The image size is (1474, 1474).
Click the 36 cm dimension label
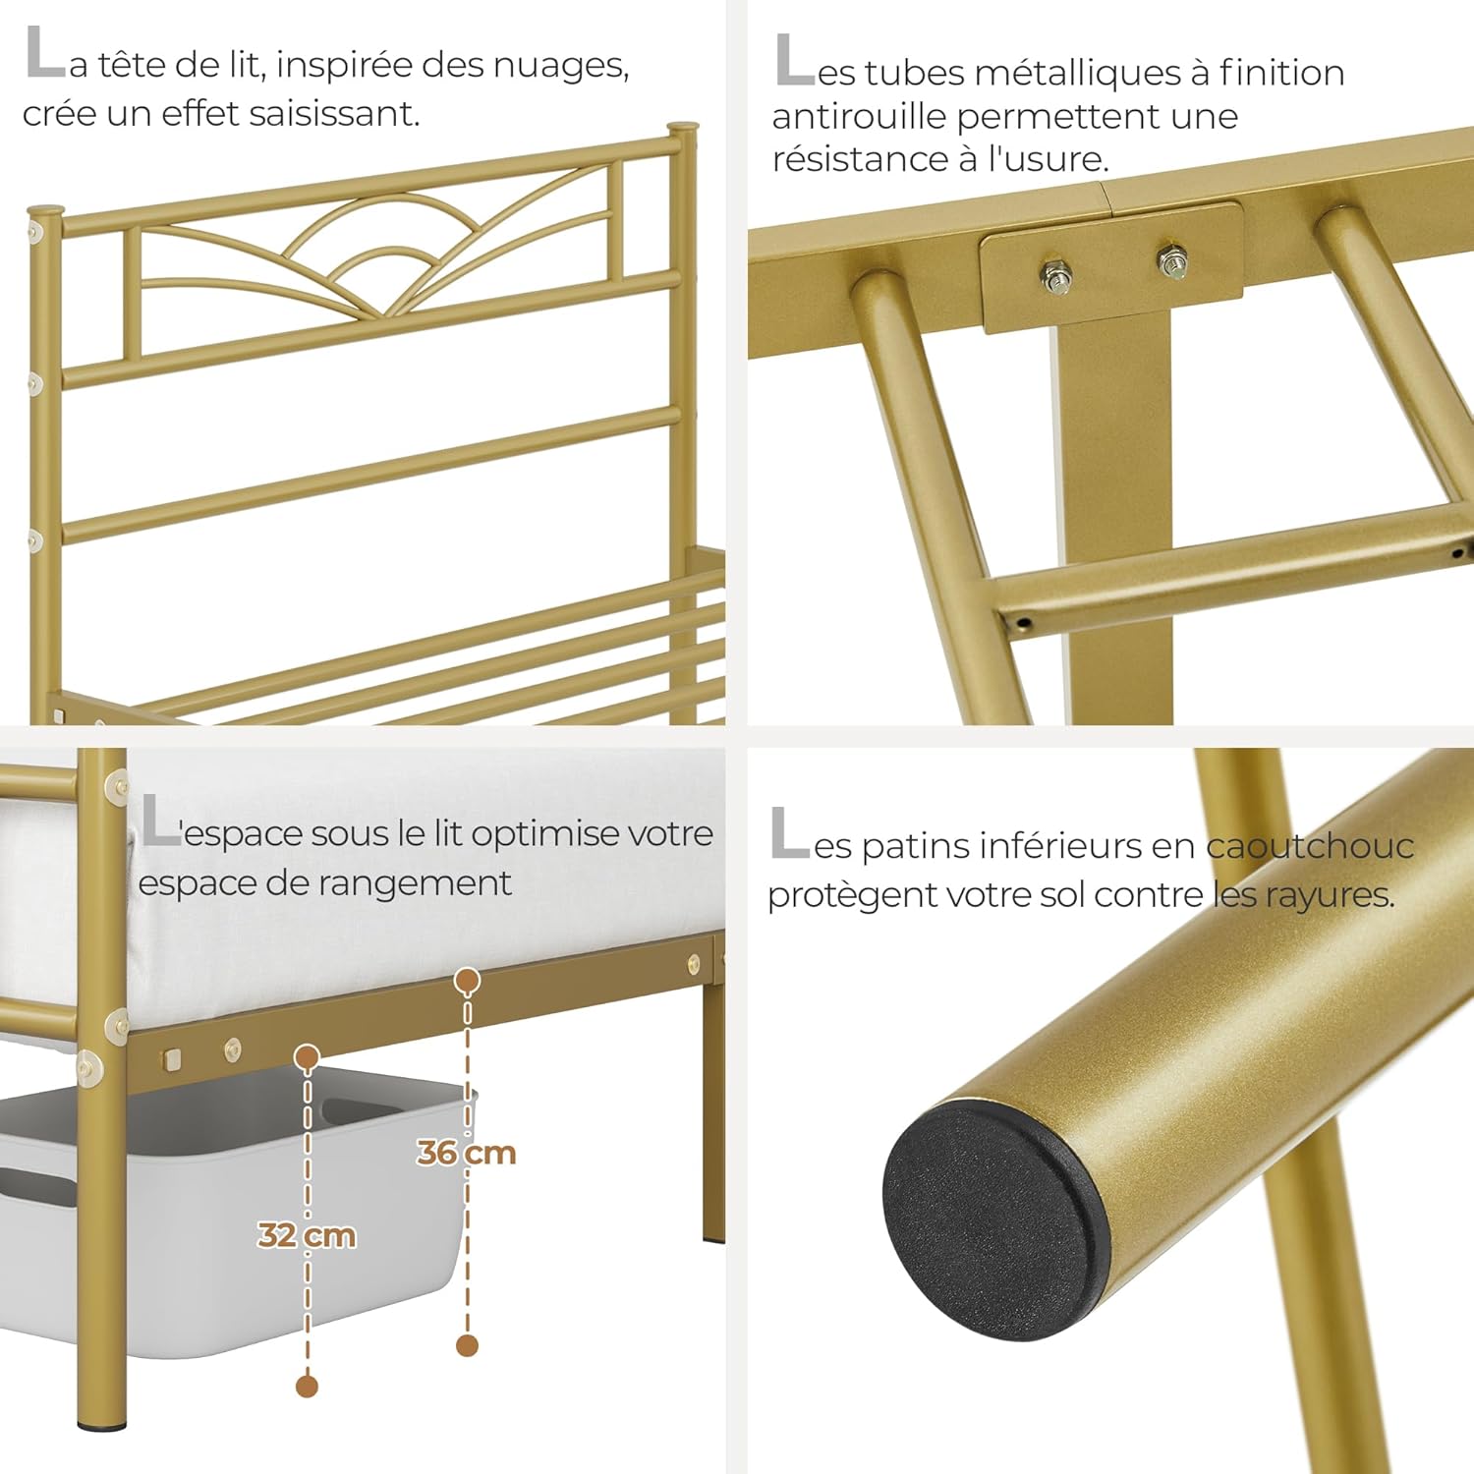pyautogui.click(x=467, y=1152)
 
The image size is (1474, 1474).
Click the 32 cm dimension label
pyautogui.click(x=307, y=1234)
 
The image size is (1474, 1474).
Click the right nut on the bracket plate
pyautogui.click(x=1172, y=261)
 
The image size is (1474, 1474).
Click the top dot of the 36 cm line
pyautogui.click(x=468, y=980)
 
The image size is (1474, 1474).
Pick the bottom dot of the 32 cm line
pyautogui.click(x=307, y=1387)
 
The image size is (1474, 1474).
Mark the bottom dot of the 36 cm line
pyautogui.click(x=468, y=1345)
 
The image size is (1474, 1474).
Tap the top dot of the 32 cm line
pyautogui.click(x=308, y=1057)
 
